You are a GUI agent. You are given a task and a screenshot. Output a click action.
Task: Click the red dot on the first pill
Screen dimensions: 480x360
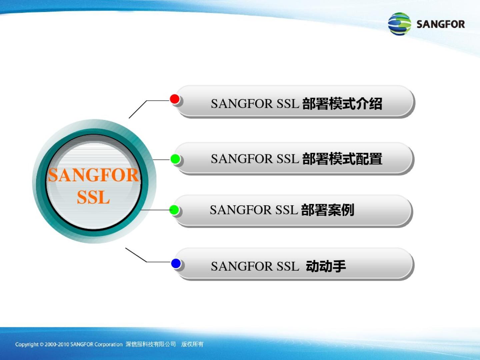(x=175, y=99)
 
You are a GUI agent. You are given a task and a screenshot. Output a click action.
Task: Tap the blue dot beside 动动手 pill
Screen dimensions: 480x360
(x=176, y=263)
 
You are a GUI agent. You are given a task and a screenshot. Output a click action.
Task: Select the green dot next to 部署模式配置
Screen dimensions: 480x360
(x=175, y=159)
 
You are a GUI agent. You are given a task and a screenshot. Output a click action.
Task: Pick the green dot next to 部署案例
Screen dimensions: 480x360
(x=174, y=210)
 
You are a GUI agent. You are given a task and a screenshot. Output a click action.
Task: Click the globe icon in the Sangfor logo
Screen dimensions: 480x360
(x=399, y=24)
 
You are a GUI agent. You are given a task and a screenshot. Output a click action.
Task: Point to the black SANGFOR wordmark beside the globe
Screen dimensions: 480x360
(x=441, y=24)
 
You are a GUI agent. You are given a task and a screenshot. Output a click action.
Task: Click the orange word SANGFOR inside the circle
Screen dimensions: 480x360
(x=93, y=175)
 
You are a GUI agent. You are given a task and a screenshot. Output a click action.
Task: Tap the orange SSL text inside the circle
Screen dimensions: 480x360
(x=93, y=197)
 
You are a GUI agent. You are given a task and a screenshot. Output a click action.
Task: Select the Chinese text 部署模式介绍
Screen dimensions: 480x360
(x=342, y=104)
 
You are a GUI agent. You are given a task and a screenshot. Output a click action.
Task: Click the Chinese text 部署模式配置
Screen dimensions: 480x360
(x=342, y=159)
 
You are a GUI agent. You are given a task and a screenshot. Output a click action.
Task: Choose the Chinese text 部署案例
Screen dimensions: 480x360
(x=327, y=210)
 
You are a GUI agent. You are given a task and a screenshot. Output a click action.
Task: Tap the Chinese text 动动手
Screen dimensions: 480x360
(x=326, y=266)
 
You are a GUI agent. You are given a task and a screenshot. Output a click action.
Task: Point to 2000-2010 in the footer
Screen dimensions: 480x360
(x=57, y=344)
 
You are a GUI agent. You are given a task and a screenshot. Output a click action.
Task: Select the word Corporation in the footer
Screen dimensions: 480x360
(x=108, y=345)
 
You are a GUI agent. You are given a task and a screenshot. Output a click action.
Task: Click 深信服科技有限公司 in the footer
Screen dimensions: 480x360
(x=151, y=344)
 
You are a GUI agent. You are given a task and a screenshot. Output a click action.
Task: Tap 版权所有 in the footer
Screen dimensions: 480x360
(x=192, y=344)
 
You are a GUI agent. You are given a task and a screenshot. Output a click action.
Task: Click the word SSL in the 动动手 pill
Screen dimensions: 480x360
(x=288, y=266)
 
